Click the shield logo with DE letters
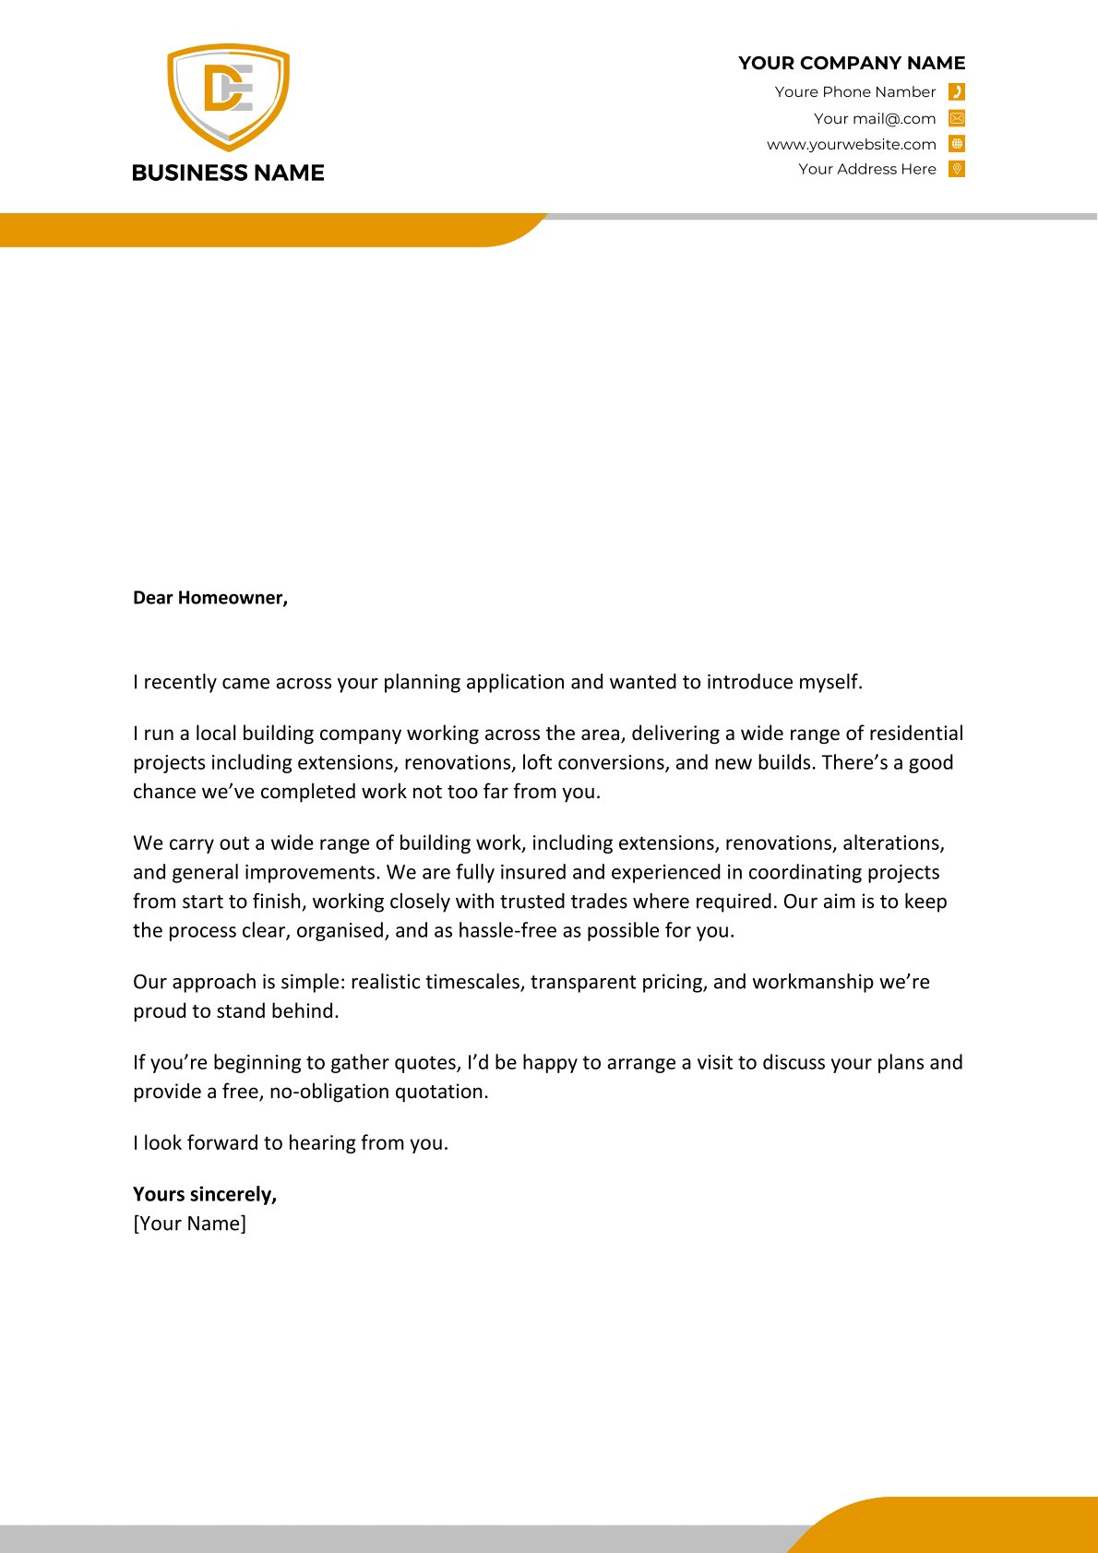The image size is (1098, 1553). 228,96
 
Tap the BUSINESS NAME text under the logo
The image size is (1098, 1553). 228,173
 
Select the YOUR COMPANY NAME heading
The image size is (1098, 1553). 851,63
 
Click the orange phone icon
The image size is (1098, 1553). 957,91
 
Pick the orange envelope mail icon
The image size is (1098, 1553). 957,118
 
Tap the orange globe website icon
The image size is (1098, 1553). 957,144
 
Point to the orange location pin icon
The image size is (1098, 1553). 957,169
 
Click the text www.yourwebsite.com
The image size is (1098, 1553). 851,144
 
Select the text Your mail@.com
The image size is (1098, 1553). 875,118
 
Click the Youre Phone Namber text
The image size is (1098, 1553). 854,91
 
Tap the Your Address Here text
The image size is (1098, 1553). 866,169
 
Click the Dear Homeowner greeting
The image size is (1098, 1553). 210,598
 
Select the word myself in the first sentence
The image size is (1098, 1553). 829,682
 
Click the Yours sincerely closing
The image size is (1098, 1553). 205,1194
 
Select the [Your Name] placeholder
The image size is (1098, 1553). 189,1224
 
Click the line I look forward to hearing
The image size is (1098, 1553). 290,1143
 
